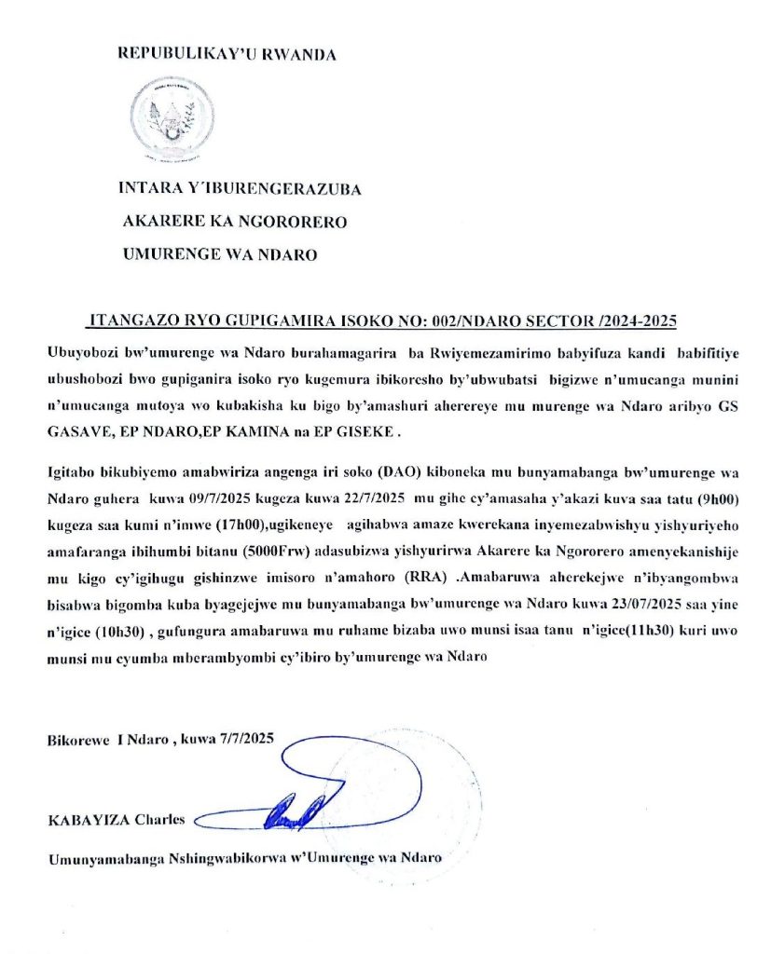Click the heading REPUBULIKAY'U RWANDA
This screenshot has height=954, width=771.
[227, 54]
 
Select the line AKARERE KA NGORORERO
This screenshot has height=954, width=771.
[235, 222]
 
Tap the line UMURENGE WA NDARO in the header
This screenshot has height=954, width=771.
[220, 254]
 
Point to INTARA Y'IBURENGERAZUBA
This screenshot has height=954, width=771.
[241, 189]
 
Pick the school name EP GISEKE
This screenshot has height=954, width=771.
[356, 431]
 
